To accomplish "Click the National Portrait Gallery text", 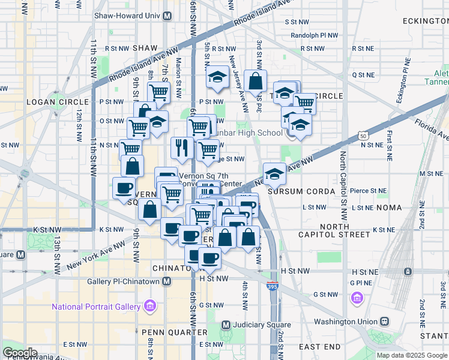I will [x=96, y=307].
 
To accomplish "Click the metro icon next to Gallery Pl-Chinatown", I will [x=166, y=281].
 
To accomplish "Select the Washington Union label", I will [x=343, y=322].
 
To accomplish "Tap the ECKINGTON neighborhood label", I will [x=423, y=20].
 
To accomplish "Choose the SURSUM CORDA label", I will [x=296, y=191].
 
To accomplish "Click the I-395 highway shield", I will [x=273, y=286].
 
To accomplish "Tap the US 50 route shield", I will [x=364, y=137].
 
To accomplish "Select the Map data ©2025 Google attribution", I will [x=412, y=355].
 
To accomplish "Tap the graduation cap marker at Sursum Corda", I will [x=274, y=173].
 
